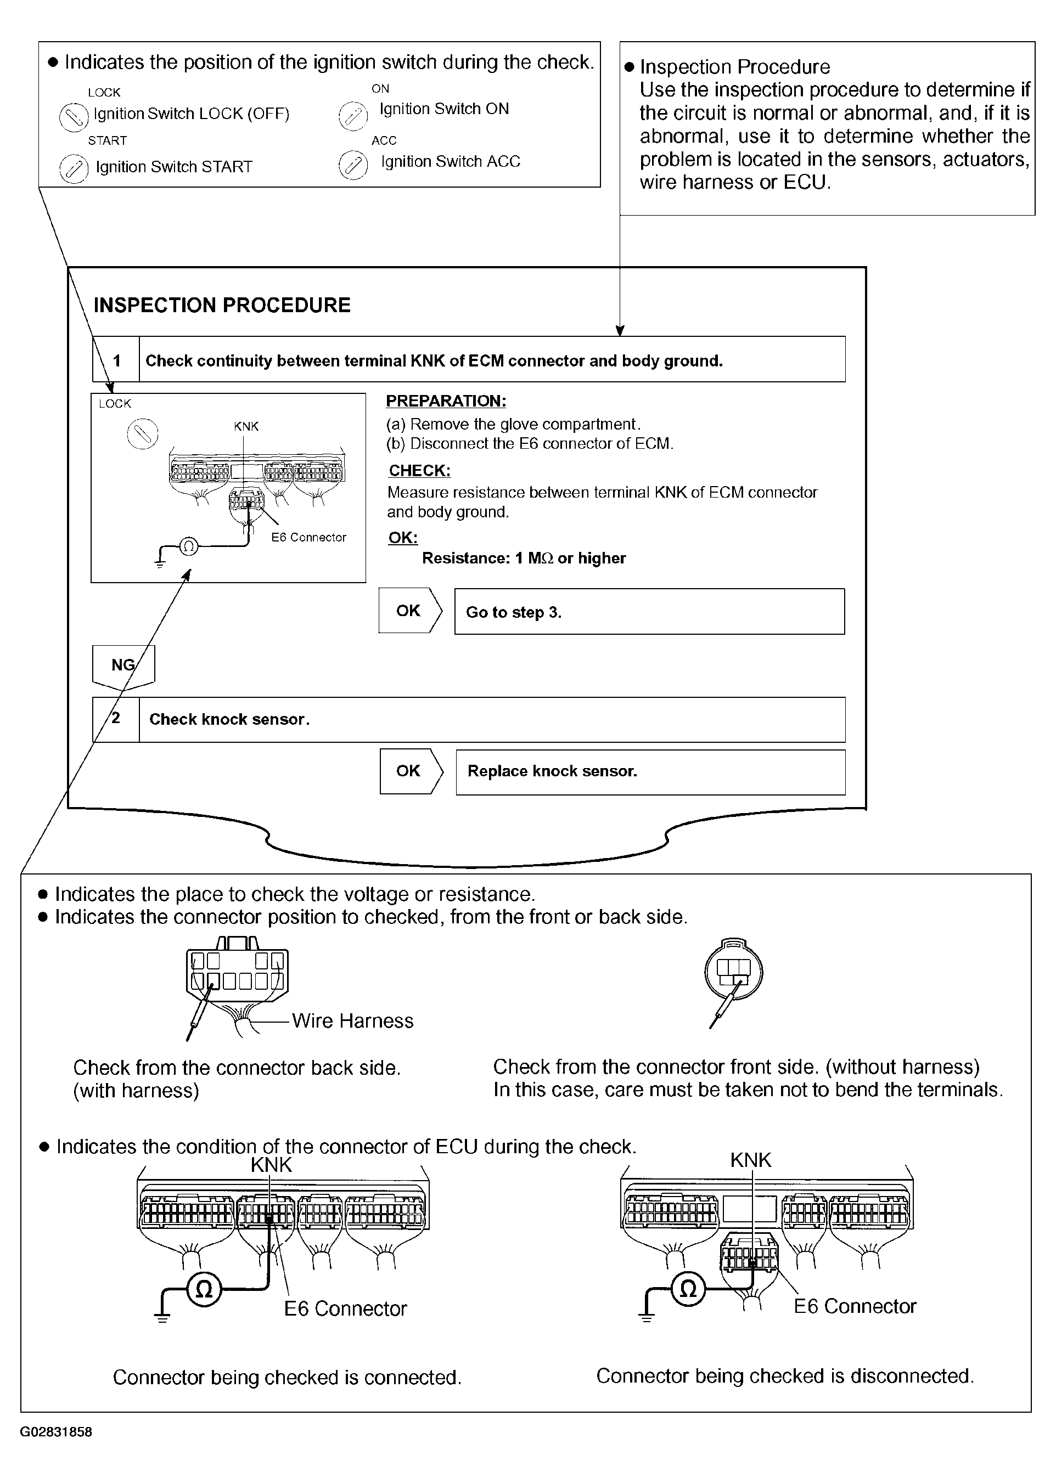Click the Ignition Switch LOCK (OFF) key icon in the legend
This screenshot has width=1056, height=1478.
(74, 117)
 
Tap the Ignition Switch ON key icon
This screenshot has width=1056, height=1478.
(352, 116)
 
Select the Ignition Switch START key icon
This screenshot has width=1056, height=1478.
(74, 169)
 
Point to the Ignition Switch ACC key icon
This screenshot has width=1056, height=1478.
(352, 165)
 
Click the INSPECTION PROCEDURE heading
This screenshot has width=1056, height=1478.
(222, 305)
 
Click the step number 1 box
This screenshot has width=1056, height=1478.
(116, 360)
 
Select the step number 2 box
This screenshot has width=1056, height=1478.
(116, 719)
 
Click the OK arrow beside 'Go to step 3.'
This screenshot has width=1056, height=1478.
(409, 611)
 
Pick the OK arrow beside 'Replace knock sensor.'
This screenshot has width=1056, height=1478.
(411, 771)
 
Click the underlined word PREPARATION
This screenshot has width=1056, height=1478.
(446, 401)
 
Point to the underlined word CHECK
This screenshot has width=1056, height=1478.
(419, 471)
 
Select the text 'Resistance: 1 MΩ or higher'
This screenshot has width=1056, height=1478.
(524, 559)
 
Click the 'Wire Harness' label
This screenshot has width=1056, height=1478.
(352, 1021)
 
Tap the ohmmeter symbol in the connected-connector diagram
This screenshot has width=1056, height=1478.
(204, 1288)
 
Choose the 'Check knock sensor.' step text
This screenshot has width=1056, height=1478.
(229, 719)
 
